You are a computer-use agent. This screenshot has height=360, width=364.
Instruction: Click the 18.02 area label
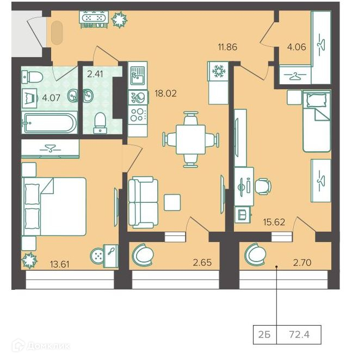(x=165, y=94)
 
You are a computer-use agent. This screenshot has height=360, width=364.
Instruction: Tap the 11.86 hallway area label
(x=227, y=47)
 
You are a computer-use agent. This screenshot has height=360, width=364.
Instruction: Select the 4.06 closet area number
(x=297, y=47)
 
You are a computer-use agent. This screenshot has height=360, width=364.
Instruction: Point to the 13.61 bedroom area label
(x=60, y=264)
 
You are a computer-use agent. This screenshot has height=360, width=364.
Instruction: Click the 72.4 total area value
(x=299, y=334)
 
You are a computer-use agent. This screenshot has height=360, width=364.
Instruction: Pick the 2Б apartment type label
(x=264, y=335)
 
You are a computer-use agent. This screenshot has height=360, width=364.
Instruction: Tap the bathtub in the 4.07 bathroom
(x=50, y=122)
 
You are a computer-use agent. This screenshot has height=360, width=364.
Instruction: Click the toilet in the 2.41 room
(x=100, y=123)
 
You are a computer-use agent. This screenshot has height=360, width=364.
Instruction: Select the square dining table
(x=190, y=139)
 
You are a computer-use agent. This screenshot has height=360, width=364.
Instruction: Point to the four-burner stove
(x=138, y=115)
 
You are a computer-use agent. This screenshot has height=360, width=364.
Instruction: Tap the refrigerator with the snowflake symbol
(x=218, y=71)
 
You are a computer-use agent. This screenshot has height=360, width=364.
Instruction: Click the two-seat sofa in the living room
(x=143, y=202)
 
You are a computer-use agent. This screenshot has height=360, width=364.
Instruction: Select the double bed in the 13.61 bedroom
(x=54, y=207)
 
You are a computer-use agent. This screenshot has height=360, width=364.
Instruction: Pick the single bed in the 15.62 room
(x=317, y=121)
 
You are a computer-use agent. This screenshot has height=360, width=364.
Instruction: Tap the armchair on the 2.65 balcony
(x=143, y=255)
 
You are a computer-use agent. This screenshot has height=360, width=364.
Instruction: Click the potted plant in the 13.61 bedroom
(x=29, y=260)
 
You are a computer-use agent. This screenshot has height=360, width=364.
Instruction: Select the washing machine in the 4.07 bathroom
(x=30, y=98)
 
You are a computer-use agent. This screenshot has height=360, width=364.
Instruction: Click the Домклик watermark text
(x=41, y=346)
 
